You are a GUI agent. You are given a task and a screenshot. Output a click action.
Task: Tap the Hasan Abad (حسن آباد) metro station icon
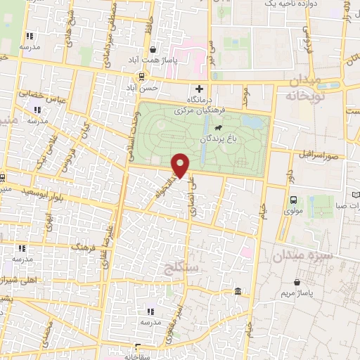pyautogui.click(x=142, y=76)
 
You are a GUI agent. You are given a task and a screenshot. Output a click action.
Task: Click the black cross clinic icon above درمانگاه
pyautogui.click(x=200, y=89)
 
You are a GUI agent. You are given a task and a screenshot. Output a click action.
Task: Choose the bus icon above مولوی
pyautogui.click(x=293, y=199)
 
